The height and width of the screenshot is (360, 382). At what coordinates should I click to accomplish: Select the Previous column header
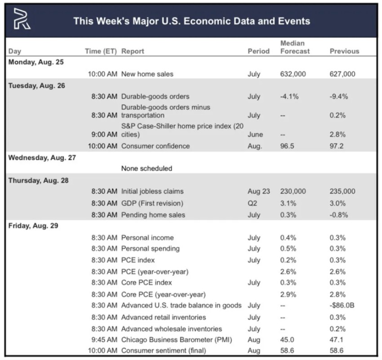[x=344, y=51]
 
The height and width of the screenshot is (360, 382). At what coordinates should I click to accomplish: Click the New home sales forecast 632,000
[x=293, y=74]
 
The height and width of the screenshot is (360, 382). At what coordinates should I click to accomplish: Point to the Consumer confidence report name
[x=155, y=146]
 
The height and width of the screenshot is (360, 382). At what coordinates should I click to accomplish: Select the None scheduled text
[x=147, y=168]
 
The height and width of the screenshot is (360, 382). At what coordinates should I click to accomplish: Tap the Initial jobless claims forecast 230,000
[x=293, y=192]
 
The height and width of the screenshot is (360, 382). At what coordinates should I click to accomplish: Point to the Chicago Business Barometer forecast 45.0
[x=288, y=340]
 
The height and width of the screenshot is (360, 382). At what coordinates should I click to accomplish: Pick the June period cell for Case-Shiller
[x=255, y=134]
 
